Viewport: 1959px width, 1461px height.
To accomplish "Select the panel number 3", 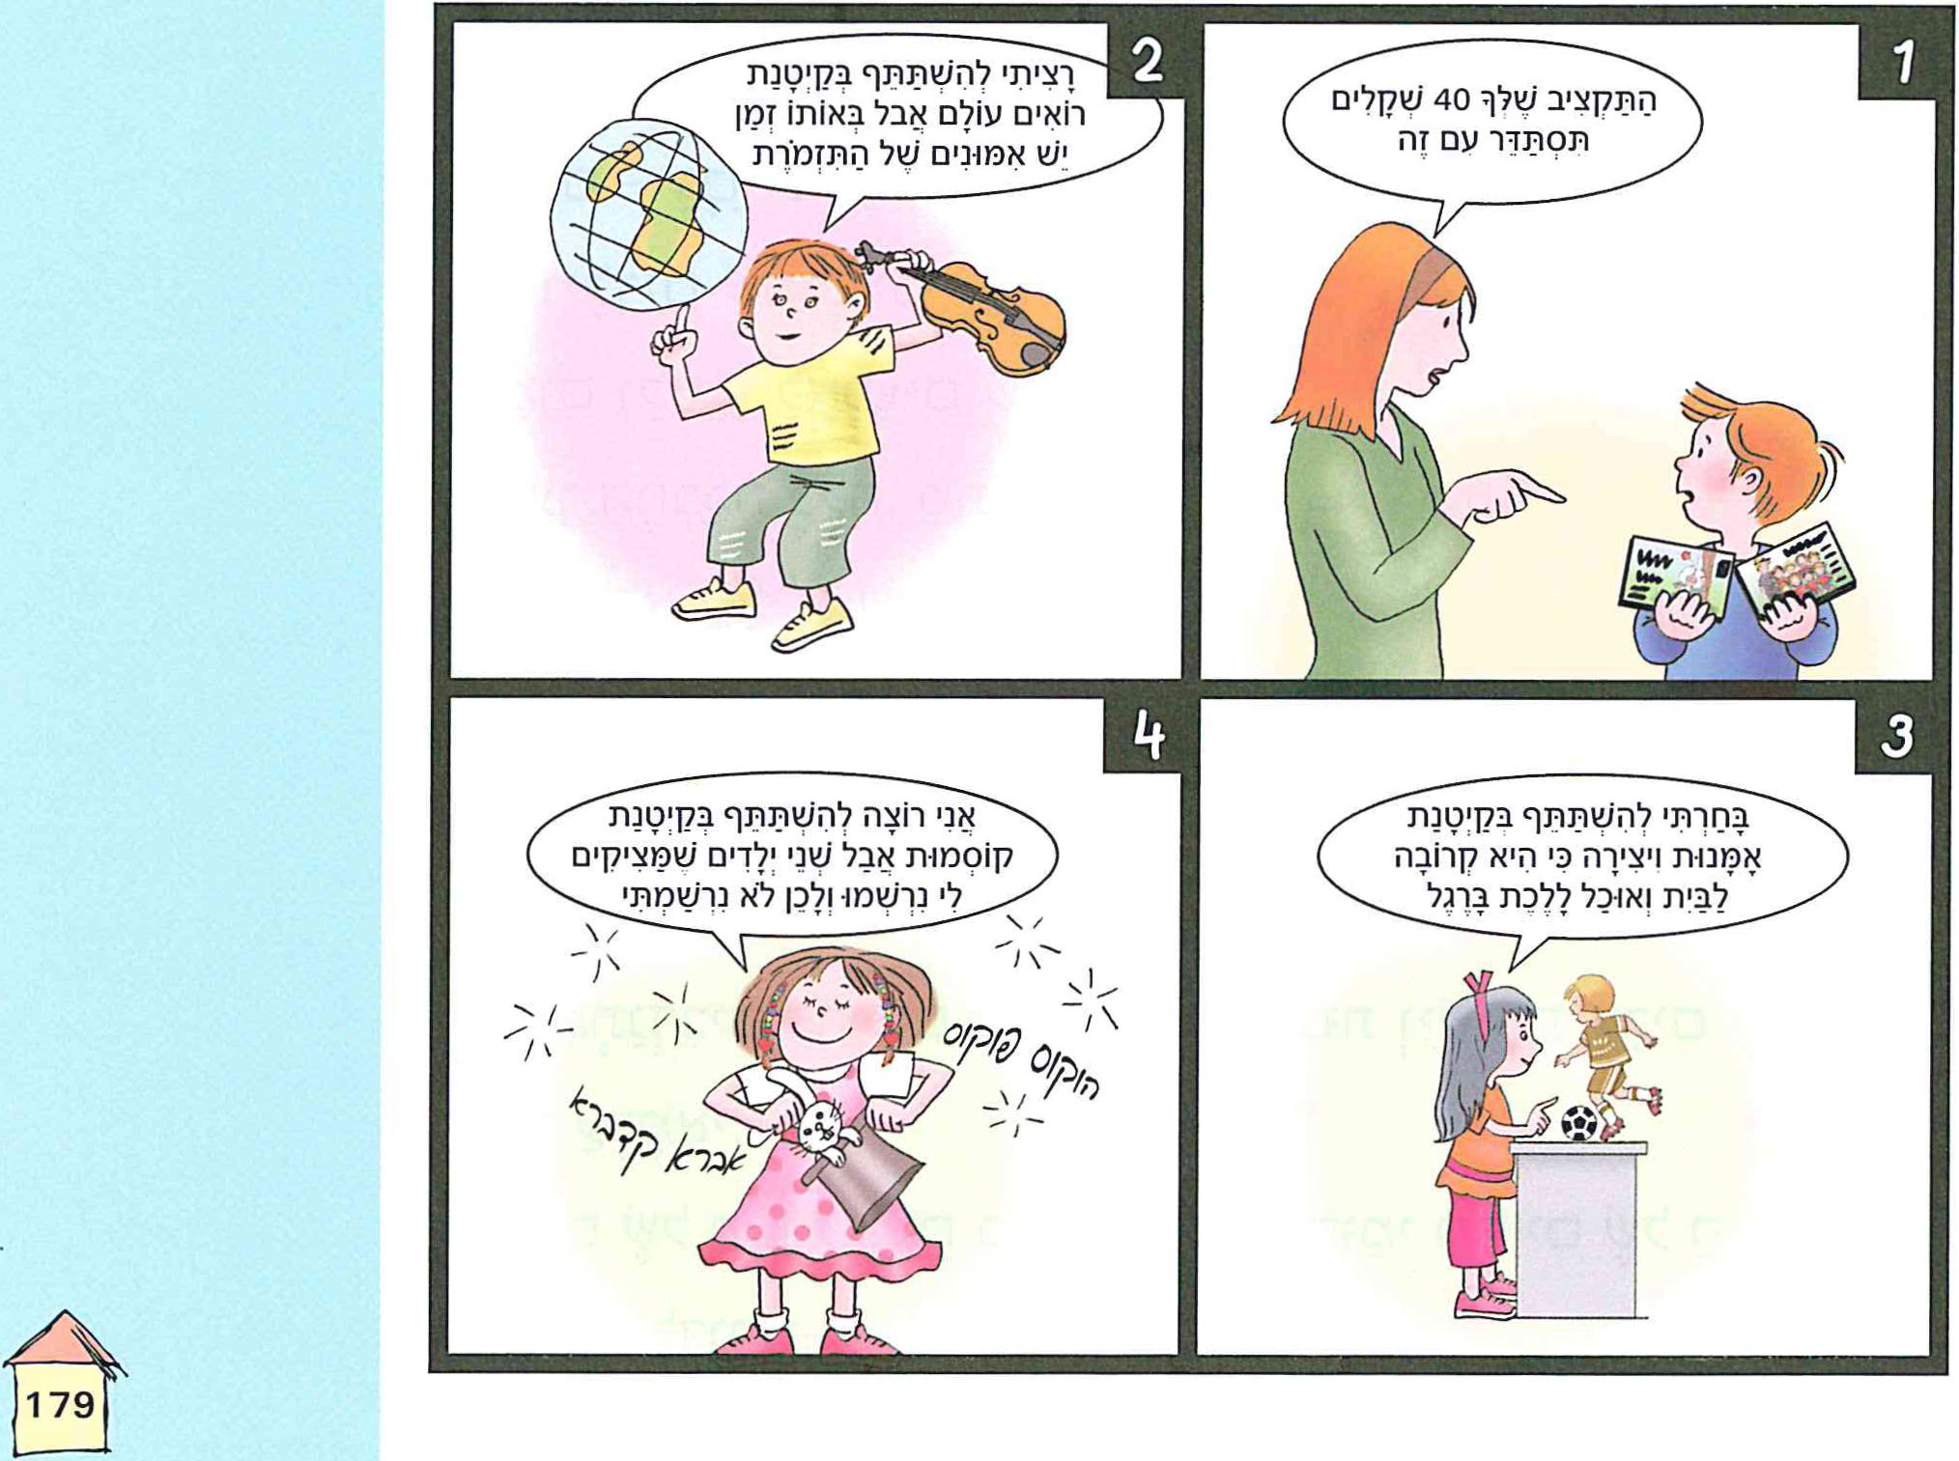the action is click(x=1896, y=738).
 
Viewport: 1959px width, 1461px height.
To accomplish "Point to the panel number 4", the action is click(x=1149, y=738).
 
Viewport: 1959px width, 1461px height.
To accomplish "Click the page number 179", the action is click(x=60, y=1403).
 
